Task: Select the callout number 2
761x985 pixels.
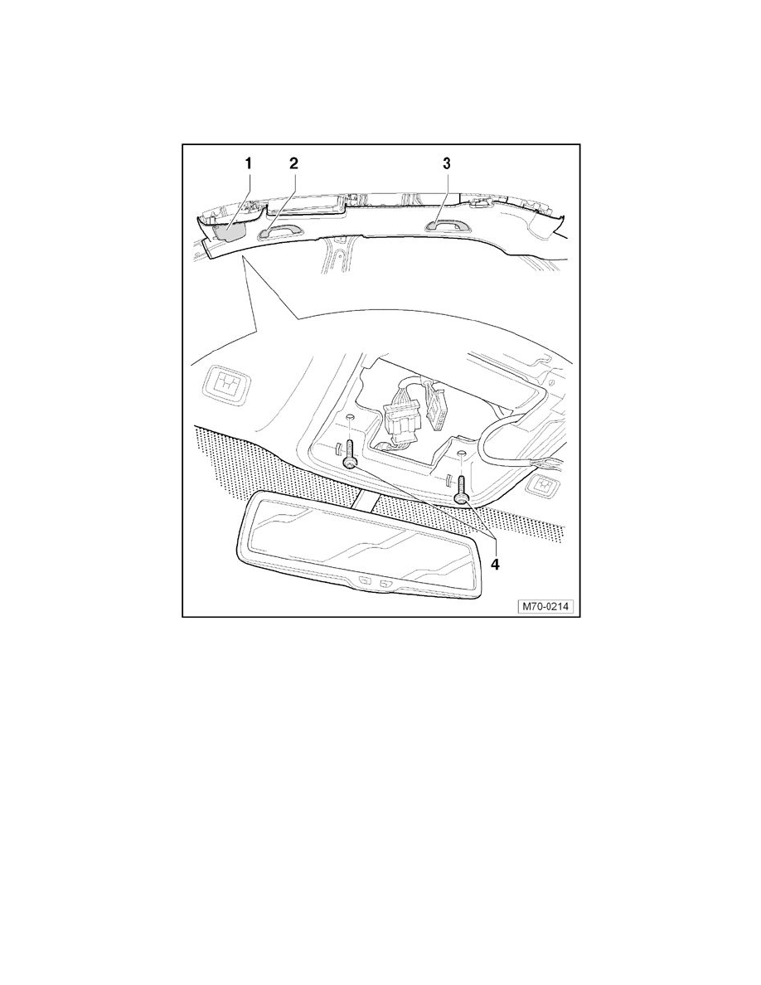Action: point(293,164)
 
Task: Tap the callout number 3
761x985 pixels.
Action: point(447,164)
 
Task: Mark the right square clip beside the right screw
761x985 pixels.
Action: point(543,483)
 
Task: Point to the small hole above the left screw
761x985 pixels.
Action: point(350,416)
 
